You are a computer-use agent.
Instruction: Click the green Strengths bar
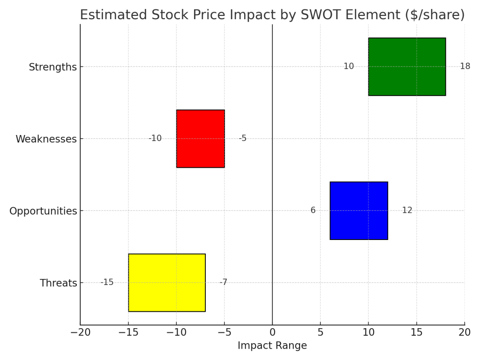tap(407, 67)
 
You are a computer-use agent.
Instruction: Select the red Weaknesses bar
tap(200, 139)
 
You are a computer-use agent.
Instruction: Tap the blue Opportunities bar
tap(359, 210)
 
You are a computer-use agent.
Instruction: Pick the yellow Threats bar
tap(167, 283)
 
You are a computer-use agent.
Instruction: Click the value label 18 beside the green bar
tap(465, 67)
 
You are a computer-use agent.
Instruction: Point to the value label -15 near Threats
tap(107, 283)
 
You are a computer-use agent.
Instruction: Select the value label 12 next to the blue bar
tap(407, 210)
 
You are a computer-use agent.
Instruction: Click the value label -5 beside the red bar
tap(242, 139)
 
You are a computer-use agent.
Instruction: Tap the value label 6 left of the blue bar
tap(313, 210)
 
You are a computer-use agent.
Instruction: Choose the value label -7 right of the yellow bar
tap(223, 283)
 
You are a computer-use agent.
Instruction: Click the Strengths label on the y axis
tap(52, 67)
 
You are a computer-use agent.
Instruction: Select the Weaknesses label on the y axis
tap(46, 139)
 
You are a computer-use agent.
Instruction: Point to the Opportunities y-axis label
tap(43, 211)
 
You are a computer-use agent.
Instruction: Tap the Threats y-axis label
tap(58, 283)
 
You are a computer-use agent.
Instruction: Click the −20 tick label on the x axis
tap(80, 332)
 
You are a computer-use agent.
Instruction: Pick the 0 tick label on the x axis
tap(272, 332)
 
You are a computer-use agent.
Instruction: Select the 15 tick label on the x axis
tap(416, 332)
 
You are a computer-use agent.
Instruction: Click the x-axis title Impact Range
tap(272, 346)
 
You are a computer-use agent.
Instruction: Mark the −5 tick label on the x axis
tap(224, 332)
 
